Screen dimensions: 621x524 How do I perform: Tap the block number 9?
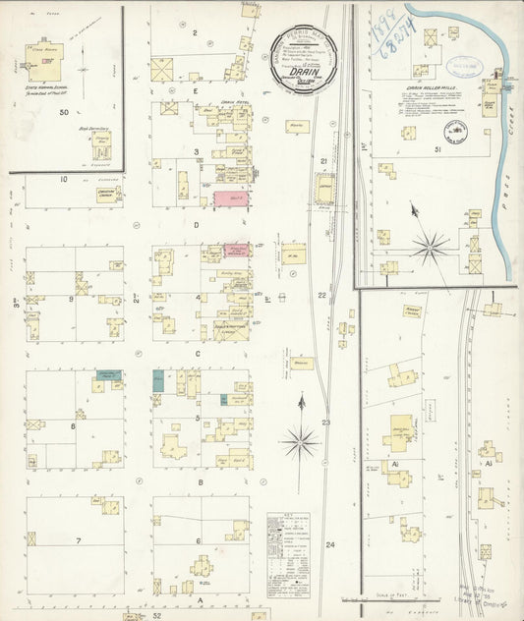(x=73, y=298)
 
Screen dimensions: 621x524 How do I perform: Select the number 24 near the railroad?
(x=330, y=543)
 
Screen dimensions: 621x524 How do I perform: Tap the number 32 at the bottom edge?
(x=156, y=615)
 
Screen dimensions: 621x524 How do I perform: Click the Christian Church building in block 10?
(x=107, y=195)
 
